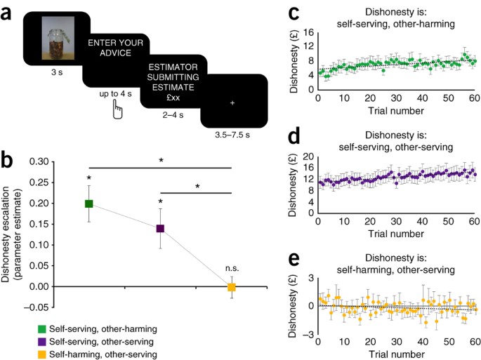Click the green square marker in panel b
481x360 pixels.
point(89,204)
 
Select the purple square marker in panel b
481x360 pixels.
point(160,228)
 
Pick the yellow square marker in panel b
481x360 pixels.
point(231,287)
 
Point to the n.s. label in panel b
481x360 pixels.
point(232,268)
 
